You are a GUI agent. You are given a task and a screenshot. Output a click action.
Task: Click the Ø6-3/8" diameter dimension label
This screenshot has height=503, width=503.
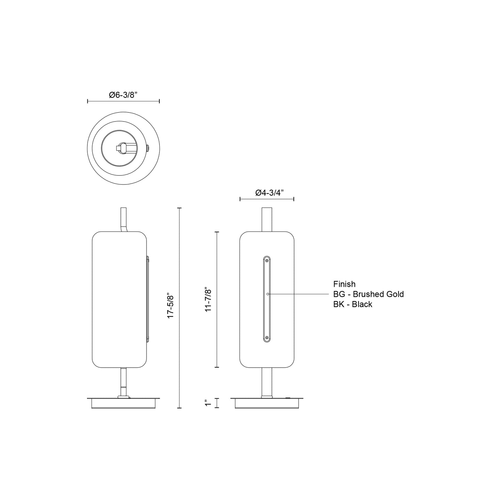[121, 95]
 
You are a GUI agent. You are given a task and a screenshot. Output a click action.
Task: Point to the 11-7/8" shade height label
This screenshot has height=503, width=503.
[208, 299]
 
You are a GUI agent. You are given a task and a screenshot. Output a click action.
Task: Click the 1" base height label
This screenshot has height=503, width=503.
[208, 403]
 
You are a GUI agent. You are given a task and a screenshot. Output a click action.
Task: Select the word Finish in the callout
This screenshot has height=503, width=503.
[344, 284]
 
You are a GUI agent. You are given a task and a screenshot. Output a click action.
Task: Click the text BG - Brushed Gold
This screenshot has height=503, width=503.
[368, 294]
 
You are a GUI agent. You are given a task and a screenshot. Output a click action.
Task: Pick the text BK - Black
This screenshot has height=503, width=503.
[353, 304]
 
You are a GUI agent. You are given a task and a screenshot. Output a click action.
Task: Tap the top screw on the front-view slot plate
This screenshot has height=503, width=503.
[267, 260]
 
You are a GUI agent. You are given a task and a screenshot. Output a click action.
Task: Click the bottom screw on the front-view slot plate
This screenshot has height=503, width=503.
[267, 338]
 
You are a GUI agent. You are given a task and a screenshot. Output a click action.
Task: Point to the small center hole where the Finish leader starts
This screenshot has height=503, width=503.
[267, 294]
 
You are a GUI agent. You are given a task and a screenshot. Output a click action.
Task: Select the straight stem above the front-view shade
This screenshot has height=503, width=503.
[267, 219]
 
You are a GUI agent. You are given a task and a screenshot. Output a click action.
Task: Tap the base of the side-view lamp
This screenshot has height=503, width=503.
[124, 403]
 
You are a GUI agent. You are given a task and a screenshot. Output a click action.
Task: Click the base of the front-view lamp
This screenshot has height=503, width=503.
[267, 403]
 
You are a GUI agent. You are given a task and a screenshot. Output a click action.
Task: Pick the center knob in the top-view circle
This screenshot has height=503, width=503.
[122, 148]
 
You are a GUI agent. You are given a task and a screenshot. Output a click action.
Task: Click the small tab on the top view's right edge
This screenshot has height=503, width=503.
[148, 148]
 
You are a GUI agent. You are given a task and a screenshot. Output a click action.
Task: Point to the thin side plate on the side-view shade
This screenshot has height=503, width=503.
[148, 299]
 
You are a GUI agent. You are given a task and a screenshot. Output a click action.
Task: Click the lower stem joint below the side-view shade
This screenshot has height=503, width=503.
[124, 386]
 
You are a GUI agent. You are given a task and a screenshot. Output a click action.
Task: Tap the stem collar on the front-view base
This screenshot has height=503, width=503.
[267, 396]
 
